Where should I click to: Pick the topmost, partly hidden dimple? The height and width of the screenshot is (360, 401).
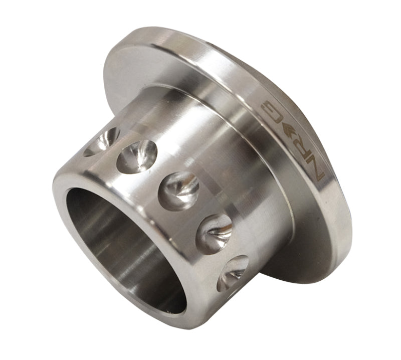pos(103,140)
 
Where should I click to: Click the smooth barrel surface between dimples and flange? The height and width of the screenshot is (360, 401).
pos(221,165)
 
